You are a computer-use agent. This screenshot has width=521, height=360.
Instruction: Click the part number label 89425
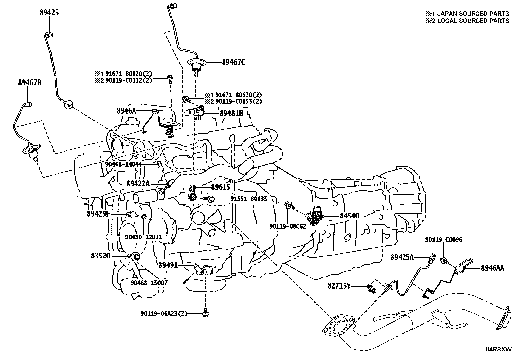[49, 13]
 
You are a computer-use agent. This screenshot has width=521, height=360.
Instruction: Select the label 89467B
[29, 82]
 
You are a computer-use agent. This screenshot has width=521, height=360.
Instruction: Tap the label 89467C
[233, 62]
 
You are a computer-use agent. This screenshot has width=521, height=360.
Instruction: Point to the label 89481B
[231, 113]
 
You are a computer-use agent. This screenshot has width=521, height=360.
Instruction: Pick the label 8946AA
[492, 268]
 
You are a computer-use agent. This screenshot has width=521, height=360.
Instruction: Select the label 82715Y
[339, 286]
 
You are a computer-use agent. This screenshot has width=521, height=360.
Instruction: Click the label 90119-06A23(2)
[164, 313]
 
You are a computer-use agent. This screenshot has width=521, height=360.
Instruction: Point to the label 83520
[100, 256]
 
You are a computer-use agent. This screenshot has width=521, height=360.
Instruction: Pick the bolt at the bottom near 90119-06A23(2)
[206, 313]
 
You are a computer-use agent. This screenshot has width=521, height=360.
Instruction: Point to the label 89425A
[402, 257]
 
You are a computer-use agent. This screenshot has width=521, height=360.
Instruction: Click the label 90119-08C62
[288, 226]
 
